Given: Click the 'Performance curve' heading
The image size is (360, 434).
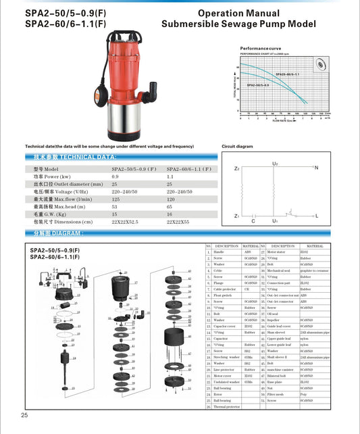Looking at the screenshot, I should coord(261,49).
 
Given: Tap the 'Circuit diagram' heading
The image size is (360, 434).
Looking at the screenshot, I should coord(237,146).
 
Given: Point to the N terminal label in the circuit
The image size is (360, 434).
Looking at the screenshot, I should coord(316,167).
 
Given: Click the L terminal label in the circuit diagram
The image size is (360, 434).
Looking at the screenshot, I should coord(316,216).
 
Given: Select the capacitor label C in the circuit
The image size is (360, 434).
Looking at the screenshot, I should coord(253,221).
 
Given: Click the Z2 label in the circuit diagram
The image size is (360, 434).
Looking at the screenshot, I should coord(236,168).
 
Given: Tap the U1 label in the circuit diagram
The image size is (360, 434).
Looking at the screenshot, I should coord(275,221).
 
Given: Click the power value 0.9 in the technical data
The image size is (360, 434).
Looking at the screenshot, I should coord(115,176).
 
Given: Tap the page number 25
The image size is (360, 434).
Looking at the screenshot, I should coord(24,415).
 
